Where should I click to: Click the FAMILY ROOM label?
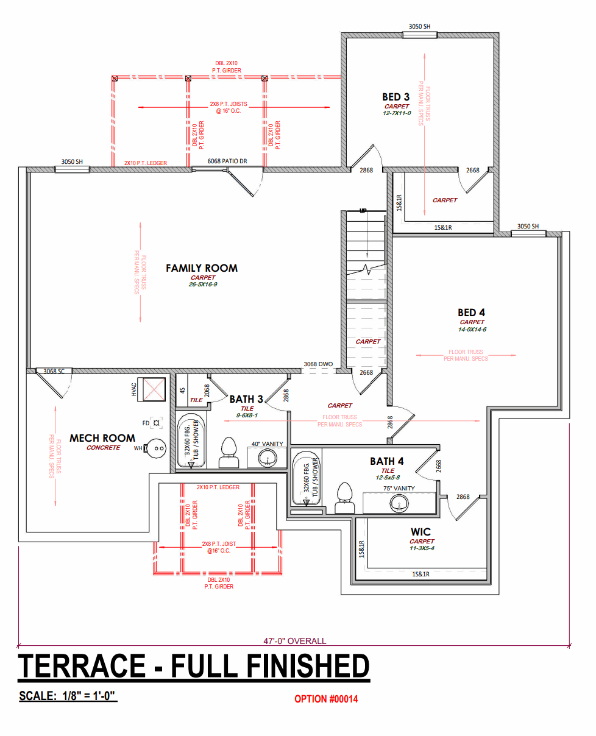coord(202,268)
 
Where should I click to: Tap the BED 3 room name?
coord(396,97)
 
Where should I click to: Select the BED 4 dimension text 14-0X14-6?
coord(472,329)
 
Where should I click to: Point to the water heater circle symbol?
coord(157,448)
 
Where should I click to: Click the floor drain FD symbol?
coord(156,423)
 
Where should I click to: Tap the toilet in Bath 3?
coord(229,453)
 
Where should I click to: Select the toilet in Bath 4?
coord(345,498)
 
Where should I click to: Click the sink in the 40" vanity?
coord(268,458)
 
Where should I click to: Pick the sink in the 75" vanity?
coord(399,503)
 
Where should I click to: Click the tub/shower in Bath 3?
coord(191,440)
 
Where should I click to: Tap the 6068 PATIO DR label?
coord(227,161)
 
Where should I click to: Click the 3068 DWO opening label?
coord(318,364)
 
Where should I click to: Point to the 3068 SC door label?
coord(54,371)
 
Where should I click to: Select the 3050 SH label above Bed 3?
coord(419,27)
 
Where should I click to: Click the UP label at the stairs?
coord(363,211)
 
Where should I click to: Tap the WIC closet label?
coord(421,532)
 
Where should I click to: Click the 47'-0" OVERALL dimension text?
coord(295,641)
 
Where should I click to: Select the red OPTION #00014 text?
coord(326,699)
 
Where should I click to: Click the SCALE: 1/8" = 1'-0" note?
coord(68,696)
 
